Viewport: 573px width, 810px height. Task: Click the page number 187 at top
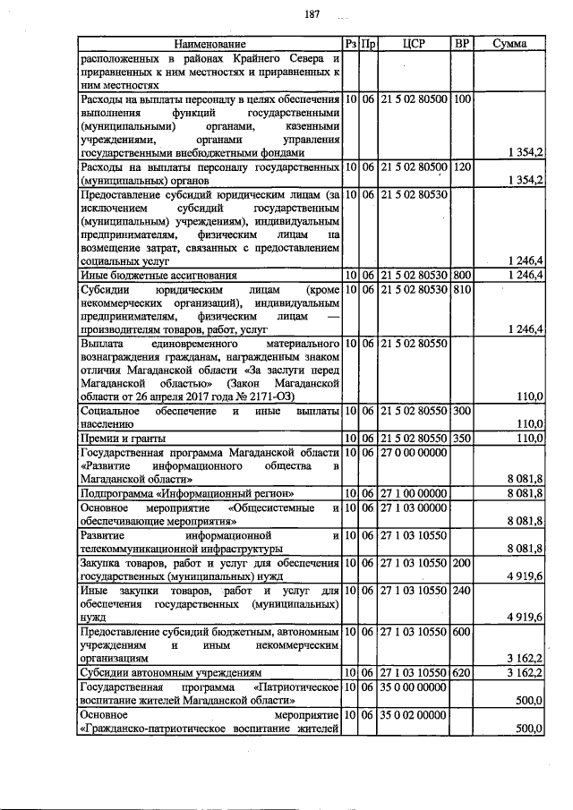point(312,13)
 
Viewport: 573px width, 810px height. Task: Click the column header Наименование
point(209,43)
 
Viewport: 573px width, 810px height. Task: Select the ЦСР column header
point(413,43)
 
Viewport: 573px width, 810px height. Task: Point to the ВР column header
point(462,43)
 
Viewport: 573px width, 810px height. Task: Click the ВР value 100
point(462,98)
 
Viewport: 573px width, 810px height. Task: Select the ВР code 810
point(462,291)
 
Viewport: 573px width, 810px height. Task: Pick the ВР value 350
point(462,438)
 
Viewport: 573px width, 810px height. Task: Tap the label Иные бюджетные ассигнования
point(158,275)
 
